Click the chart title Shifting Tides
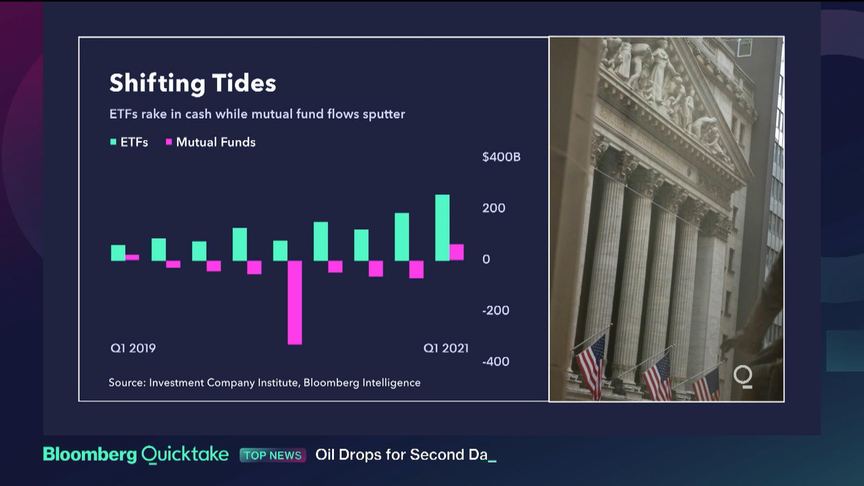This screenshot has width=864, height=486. pyautogui.click(x=193, y=84)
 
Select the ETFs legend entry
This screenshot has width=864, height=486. pyautogui.click(x=129, y=142)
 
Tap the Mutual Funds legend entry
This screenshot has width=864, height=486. pyautogui.click(x=211, y=142)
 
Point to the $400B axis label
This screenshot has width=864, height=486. pyautogui.click(x=501, y=157)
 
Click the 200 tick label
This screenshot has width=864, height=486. pyautogui.click(x=494, y=208)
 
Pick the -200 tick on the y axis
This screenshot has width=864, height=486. pyautogui.click(x=495, y=310)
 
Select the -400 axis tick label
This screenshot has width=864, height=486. pyautogui.click(x=495, y=361)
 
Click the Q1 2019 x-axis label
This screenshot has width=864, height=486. pyautogui.click(x=133, y=348)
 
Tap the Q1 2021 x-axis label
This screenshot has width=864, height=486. pyautogui.click(x=446, y=348)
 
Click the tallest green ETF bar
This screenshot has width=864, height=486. pyautogui.click(x=442, y=228)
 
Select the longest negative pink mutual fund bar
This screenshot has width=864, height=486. pyautogui.click(x=295, y=303)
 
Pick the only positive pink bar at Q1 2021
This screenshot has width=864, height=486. pyautogui.click(x=457, y=252)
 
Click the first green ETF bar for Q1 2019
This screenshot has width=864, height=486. pyautogui.click(x=118, y=253)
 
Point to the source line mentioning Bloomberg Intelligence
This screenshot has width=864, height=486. pyautogui.click(x=265, y=382)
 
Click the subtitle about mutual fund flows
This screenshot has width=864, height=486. pyautogui.click(x=257, y=114)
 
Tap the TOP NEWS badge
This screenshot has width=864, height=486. pyautogui.click(x=273, y=455)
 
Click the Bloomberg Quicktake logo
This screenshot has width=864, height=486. pyautogui.click(x=135, y=454)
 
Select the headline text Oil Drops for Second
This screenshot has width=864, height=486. pyautogui.click(x=390, y=454)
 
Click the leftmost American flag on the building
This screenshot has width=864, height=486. pyautogui.click(x=591, y=365)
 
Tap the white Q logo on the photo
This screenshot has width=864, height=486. pyautogui.click(x=743, y=376)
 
